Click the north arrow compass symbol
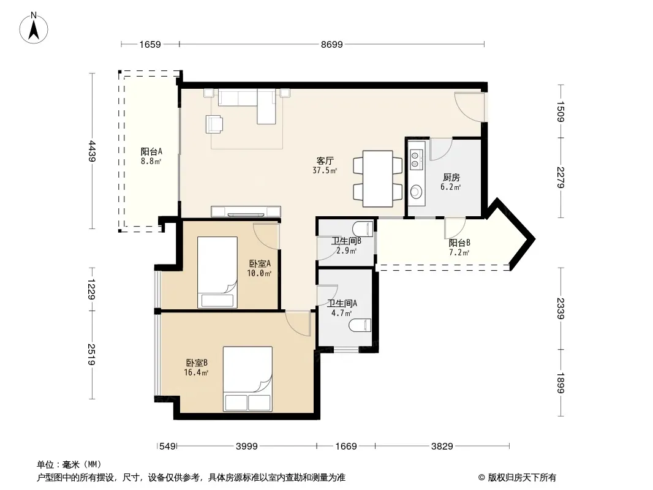(34, 28)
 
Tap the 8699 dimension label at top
(331, 44)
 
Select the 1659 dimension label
(150, 44)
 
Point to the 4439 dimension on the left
(92, 151)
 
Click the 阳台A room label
(151, 151)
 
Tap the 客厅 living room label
(325, 160)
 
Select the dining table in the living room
(378, 179)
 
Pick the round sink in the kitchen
(416, 192)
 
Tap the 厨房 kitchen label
(451, 178)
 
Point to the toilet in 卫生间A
(360, 325)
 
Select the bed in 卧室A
(217, 273)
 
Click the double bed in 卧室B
(248, 379)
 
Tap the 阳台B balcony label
(459, 243)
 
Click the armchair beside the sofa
(214, 124)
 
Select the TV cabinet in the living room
(246, 211)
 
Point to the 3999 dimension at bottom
(246, 447)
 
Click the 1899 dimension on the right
(561, 383)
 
